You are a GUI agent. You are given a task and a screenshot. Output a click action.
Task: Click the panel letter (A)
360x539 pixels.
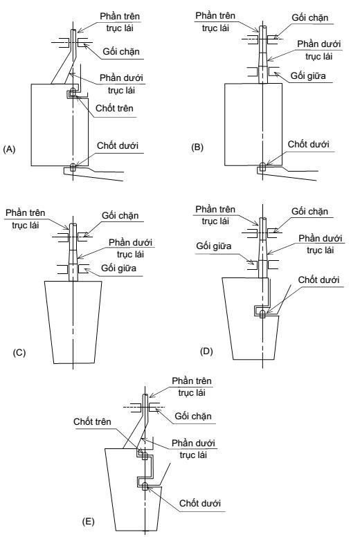tap(9, 149)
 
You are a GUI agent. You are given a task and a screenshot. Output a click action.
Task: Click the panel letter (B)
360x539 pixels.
tap(197, 147)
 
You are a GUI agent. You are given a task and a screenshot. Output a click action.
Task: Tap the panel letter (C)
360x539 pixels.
tap(19, 353)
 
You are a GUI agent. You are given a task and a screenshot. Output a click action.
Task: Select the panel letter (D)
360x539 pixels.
tap(206, 351)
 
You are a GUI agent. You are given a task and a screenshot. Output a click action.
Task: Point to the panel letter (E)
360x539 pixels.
tap(88, 522)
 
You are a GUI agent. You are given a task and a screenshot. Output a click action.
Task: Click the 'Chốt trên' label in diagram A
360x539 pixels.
tap(114, 108)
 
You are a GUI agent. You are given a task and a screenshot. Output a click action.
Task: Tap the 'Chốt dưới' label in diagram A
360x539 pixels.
tap(118, 146)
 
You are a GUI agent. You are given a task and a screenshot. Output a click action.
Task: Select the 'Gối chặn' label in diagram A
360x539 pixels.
tap(121, 52)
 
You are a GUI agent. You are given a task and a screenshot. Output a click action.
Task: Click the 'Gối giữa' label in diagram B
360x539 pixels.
tap(308, 75)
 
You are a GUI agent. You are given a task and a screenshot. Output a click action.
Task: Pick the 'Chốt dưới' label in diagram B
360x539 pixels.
tap(308, 144)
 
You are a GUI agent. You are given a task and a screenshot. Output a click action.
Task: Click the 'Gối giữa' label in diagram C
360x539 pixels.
tap(118, 268)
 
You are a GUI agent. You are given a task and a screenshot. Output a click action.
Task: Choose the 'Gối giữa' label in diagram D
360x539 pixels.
tap(213, 246)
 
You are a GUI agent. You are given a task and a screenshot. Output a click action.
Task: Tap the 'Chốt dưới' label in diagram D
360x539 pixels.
tap(318, 280)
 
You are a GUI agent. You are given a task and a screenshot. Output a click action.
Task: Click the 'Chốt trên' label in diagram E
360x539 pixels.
tap(92, 422)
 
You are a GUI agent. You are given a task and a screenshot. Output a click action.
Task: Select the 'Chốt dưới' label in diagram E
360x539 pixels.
tap(200, 503)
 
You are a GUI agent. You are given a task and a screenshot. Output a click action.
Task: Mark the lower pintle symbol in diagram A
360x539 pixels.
tap(73, 167)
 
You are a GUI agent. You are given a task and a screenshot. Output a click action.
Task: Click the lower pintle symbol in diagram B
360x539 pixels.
tap(262, 167)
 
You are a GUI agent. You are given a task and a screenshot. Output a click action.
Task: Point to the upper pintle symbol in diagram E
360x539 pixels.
tap(145, 456)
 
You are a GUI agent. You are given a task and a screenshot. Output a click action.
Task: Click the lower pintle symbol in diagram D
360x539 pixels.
tap(262, 314)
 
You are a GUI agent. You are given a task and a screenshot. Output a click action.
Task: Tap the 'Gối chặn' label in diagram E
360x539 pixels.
tap(193, 417)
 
